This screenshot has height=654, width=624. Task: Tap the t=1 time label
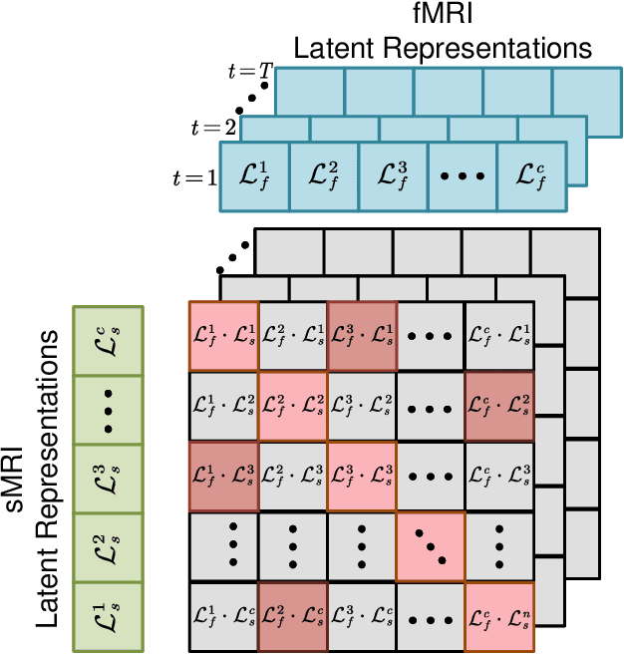tap(195, 177)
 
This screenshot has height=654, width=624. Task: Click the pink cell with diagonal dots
tap(431, 546)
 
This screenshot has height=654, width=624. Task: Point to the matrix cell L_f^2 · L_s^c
tap(293, 615)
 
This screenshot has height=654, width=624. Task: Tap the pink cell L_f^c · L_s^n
tap(499, 615)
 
